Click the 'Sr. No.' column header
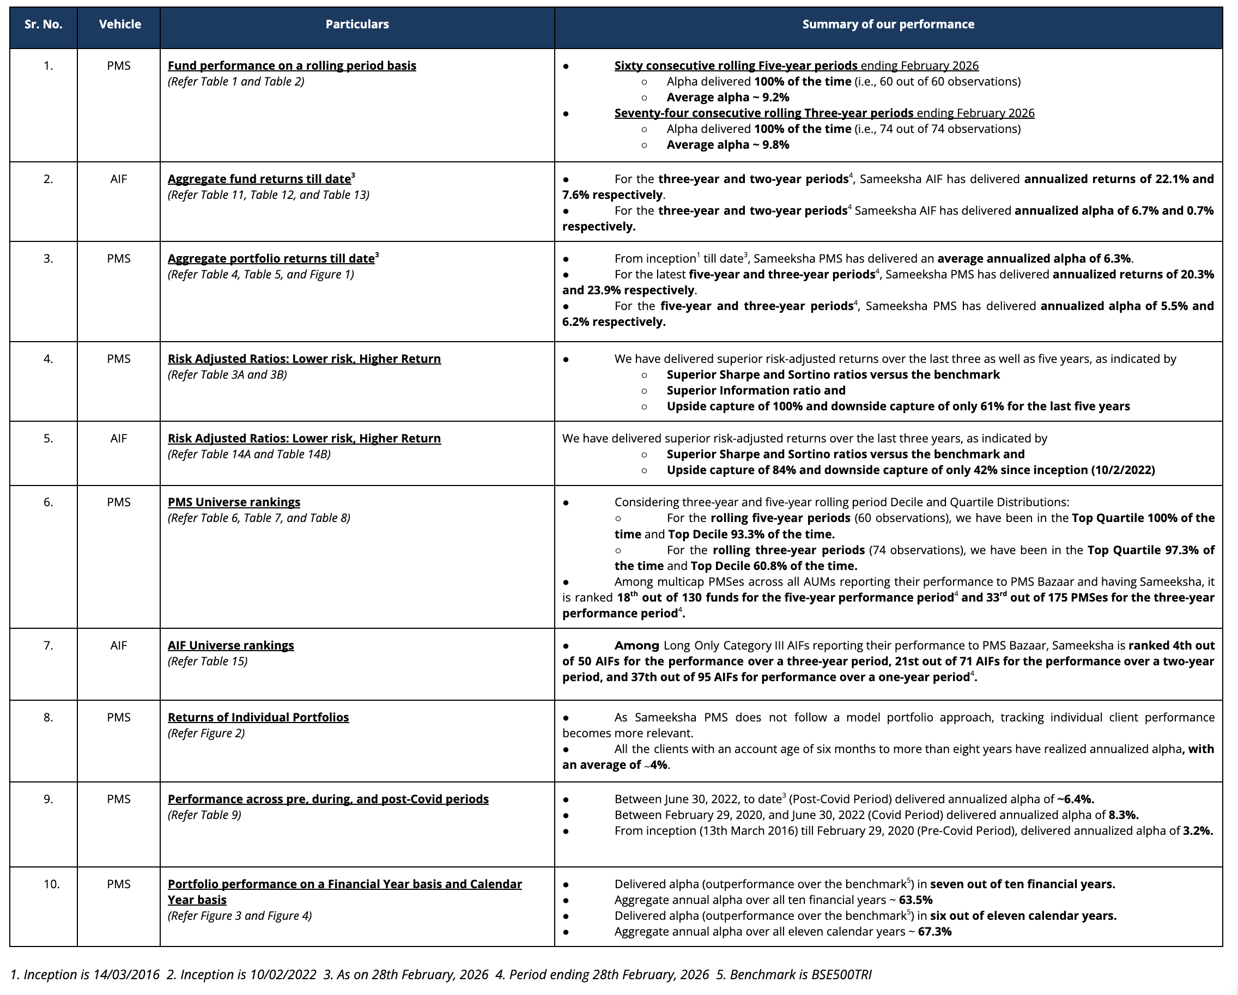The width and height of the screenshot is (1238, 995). (x=44, y=25)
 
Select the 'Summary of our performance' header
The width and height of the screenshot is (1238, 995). (x=888, y=25)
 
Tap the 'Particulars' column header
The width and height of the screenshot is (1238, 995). (x=356, y=25)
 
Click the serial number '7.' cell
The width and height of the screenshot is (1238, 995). (x=48, y=646)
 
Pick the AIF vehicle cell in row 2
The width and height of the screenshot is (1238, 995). (x=119, y=180)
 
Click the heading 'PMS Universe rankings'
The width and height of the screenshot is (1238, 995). (x=234, y=502)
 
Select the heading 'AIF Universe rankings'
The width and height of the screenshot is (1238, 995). (x=230, y=646)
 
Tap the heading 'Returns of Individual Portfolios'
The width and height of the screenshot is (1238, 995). (x=258, y=718)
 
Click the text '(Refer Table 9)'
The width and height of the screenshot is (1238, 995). (x=204, y=815)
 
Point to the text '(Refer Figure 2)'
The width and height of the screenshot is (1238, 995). (x=206, y=734)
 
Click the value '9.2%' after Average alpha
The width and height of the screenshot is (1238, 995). (x=775, y=98)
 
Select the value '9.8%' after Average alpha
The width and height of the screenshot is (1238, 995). (x=775, y=145)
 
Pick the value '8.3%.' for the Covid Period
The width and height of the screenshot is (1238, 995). (x=1123, y=815)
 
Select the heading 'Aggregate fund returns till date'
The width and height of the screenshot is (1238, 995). (x=259, y=180)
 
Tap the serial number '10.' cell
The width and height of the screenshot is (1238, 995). (x=51, y=884)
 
